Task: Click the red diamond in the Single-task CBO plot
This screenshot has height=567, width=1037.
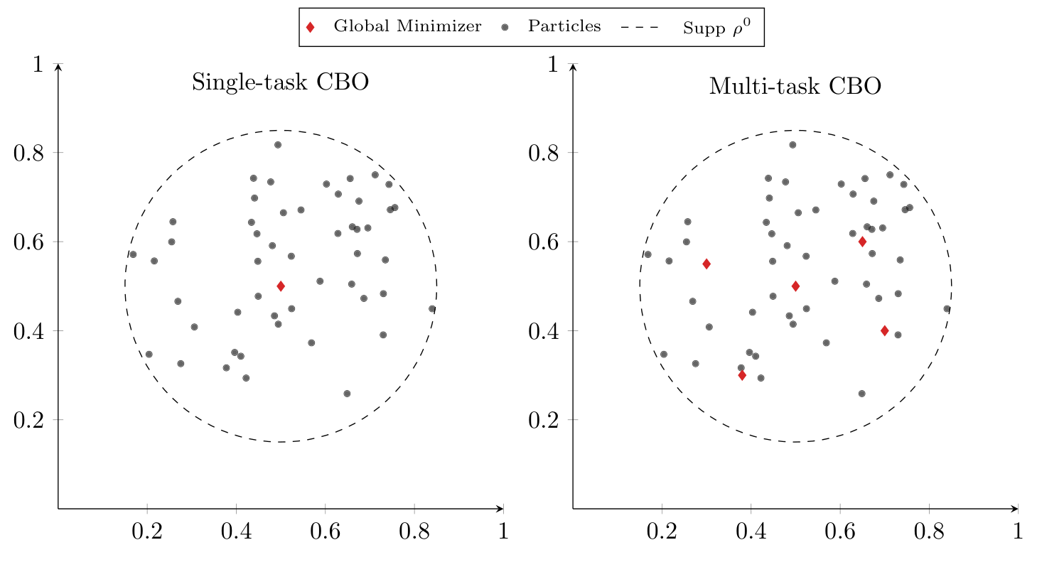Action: point(281,286)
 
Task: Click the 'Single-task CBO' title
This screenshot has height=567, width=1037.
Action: point(280,83)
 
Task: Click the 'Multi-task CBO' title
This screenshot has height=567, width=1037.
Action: point(795,87)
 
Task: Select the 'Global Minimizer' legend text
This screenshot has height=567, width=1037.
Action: point(407,28)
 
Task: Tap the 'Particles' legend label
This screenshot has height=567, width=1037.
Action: point(564,27)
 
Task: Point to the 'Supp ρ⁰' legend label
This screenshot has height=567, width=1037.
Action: point(716,28)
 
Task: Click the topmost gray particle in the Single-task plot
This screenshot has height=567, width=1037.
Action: point(278,145)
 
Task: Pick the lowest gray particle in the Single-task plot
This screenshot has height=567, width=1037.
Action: point(347,394)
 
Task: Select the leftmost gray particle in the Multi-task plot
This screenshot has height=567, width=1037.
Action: point(648,254)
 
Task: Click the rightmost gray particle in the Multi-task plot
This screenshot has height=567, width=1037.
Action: point(947,309)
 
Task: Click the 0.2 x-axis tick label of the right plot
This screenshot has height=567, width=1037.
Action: point(662,531)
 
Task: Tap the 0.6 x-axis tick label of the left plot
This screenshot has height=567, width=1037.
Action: point(325,531)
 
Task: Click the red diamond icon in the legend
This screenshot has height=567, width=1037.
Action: point(310,28)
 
